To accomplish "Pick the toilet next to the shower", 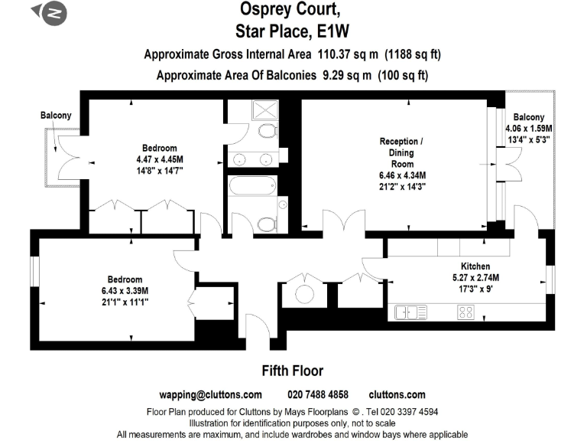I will pyautogui.click(x=268, y=131).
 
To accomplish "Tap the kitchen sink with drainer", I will pyautogui.click(x=411, y=312).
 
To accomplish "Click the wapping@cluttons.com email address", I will pyautogui.click(x=210, y=395).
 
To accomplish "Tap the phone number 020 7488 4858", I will pyautogui.click(x=317, y=395).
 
